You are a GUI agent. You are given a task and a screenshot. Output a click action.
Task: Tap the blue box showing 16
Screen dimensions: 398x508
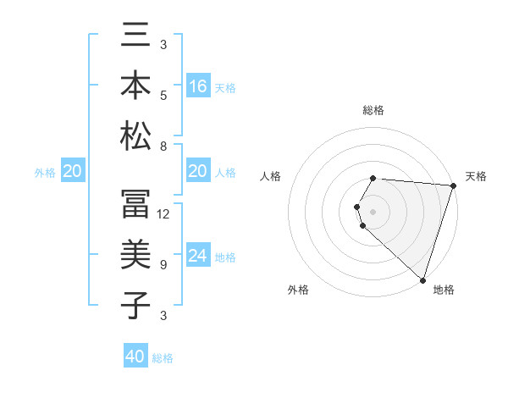(198, 86)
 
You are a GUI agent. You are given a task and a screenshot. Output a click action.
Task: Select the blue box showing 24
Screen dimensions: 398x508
(198, 256)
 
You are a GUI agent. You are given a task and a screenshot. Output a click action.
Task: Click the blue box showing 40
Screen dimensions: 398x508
(135, 357)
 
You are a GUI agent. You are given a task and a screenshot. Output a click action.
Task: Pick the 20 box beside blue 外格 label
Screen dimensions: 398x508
(72, 171)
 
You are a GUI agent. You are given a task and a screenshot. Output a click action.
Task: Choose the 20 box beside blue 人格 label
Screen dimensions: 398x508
(198, 171)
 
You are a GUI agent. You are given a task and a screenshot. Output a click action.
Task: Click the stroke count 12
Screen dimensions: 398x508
(163, 214)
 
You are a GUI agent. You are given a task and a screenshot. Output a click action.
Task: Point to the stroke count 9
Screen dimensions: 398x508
(163, 264)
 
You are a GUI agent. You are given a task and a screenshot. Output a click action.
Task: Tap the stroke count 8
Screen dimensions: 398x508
(163, 146)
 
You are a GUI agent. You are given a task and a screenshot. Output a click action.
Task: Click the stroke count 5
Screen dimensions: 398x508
(163, 95)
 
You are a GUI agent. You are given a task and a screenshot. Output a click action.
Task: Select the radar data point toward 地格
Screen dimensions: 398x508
(423, 280)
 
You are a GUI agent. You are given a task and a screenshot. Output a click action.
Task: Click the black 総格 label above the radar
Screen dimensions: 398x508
(373, 111)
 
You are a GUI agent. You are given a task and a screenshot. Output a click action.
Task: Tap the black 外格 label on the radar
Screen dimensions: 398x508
(298, 290)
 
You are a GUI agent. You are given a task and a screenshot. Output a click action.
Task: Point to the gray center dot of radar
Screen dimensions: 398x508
(373, 211)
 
